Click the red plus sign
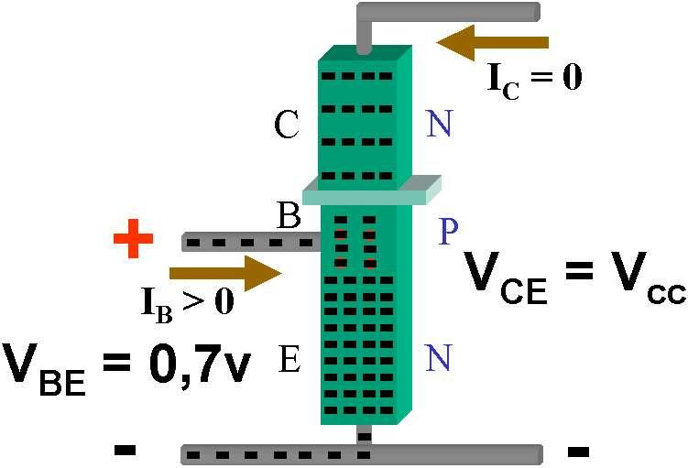coord(133,241)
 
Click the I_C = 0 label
coord(536,77)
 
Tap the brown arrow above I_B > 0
coord(224,272)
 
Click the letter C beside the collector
coord(287,126)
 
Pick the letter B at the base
coord(289,215)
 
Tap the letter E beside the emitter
coord(289,360)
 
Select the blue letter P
coord(448,231)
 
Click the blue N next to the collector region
coord(440,124)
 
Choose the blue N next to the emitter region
coord(440,360)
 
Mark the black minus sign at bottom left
coord(125,450)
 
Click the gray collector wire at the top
coord(449,12)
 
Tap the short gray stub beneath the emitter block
coord(365,434)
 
